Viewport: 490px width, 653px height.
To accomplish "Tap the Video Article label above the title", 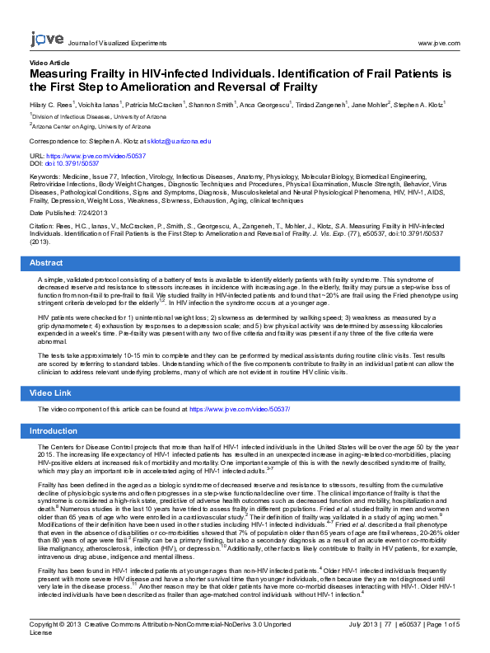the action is tap(49, 63).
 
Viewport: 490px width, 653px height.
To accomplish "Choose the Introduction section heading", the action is tap(54, 431).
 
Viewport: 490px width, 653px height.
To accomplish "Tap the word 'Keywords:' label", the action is tap(44, 176).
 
